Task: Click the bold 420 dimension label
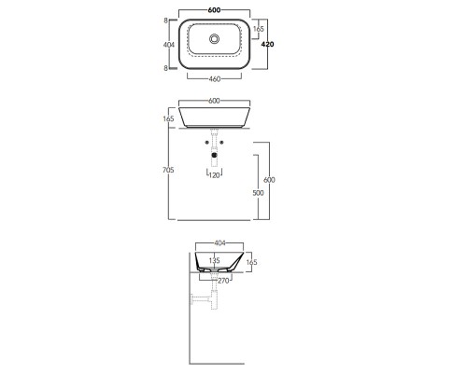point(267,45)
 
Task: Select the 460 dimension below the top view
point(215,79)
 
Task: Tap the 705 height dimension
point(168,170)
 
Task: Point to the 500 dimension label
point(258,193)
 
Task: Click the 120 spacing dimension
point(214,175)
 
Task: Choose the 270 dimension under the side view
point(223,281)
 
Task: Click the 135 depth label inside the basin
point(214,260)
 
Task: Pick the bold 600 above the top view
point(214,10)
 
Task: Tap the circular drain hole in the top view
point(214,39)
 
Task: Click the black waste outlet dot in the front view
point(214,155)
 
